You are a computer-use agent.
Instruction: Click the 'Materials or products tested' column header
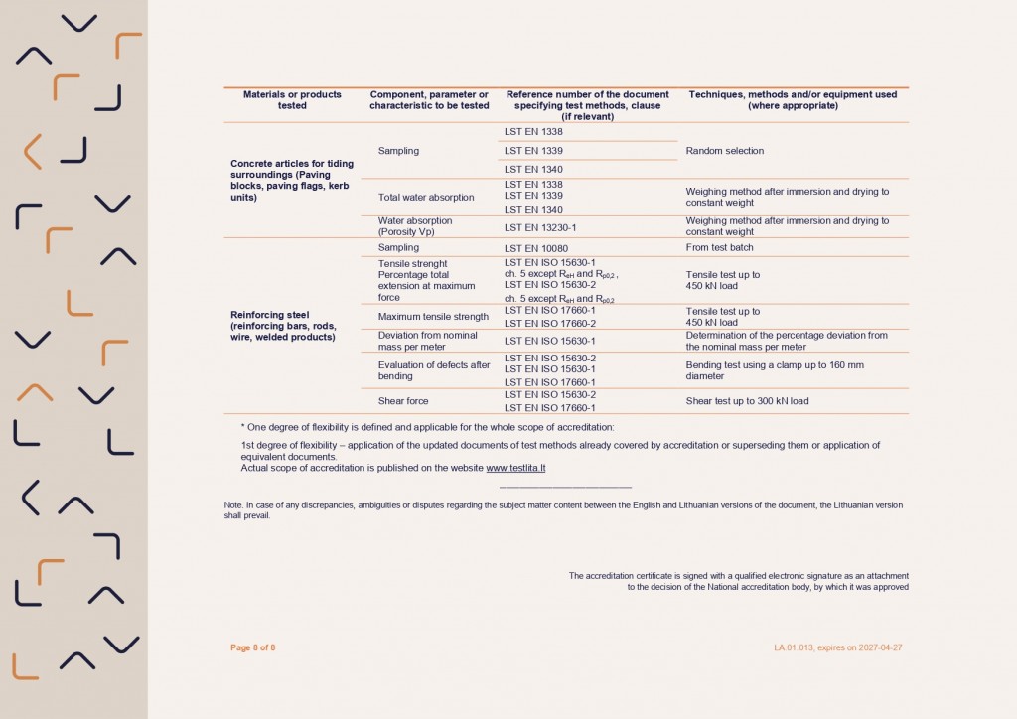pyautogui.click(x=292, y=100)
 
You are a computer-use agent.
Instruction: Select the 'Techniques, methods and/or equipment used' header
pyautogui.click(x=793, y=100)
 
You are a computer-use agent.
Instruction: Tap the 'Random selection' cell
pyautogui.click(x=725, y=151)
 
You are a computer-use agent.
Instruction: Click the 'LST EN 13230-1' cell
pyautogui.click(x=540, y=227)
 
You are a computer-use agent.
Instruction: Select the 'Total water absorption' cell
pyautogui.click(x=426, y=197)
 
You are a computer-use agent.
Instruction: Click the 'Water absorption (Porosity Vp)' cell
pyautogui.click(x=415, y=226)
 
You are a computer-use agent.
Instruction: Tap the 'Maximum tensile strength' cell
pyautogui.click(x=432, y=317)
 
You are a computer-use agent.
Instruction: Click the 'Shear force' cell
pyautogui.click(x=404, y=401)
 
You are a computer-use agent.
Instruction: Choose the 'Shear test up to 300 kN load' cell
pyautogui.click(x=747, y=401)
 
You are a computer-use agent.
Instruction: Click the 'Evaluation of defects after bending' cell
pyautogui.click(x=434, y=370)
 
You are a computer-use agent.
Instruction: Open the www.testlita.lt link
pyautogui.click(x=515, y=468)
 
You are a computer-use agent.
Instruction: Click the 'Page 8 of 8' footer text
pyautogui.click(x=252, y=648)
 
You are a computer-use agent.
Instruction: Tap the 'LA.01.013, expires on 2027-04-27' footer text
pyautogui.click(x=838, y=648)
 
